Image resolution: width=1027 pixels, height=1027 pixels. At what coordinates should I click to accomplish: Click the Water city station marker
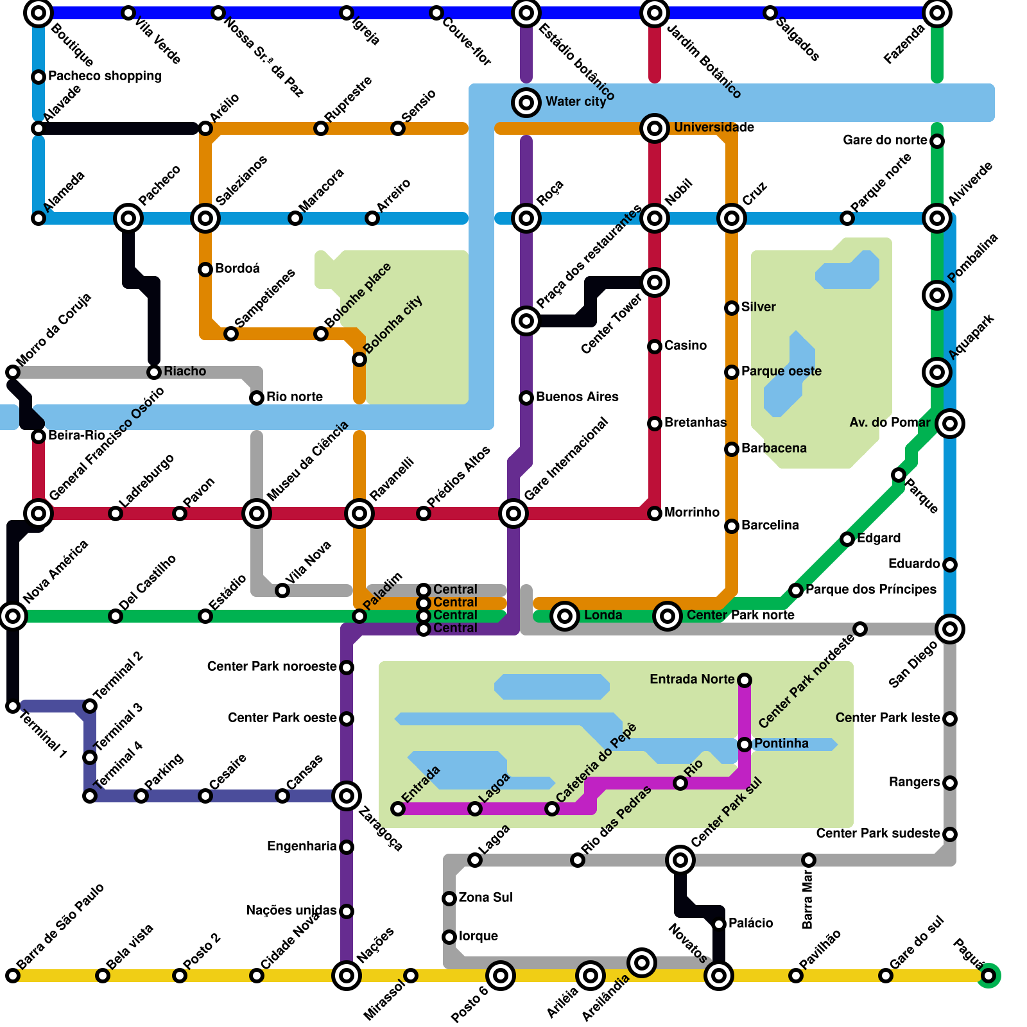(526, 103)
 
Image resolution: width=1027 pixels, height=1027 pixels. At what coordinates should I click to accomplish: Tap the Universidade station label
(714, 128)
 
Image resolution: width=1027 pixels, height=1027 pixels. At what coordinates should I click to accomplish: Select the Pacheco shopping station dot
(39, 77)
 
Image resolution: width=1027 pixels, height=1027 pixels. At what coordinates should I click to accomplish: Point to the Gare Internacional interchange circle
(513, 513)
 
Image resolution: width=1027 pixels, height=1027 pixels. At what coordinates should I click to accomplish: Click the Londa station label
(603, 616)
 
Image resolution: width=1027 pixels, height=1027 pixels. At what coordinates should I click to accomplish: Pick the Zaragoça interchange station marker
(347, 796)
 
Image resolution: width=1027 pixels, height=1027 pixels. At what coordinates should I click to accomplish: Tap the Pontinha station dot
(745, 745)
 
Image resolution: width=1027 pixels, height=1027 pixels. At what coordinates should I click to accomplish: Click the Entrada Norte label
(692, 680)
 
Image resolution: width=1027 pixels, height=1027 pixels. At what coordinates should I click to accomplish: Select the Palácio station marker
(719, 924)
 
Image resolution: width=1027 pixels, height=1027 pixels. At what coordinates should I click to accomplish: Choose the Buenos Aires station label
(577, 397)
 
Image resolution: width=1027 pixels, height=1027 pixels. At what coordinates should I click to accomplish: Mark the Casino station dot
(655, 347)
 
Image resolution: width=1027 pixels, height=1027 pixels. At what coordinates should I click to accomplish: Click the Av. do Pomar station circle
(950, 424)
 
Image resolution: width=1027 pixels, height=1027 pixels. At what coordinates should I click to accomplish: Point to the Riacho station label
(185, 372)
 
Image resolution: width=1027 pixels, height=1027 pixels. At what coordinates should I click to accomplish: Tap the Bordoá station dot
(205, 270)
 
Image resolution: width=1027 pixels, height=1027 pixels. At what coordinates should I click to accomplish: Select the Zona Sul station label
(485, 898)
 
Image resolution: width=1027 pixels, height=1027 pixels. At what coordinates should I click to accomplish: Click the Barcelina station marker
(732, 526)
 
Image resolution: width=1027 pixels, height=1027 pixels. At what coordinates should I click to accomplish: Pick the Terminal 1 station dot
(13, 706)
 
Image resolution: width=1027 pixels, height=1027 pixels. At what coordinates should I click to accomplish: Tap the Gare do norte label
(885, 141)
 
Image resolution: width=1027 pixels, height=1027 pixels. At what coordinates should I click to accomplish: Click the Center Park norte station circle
(668, 616)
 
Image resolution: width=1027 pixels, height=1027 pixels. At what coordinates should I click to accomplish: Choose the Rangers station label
(914, 782)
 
